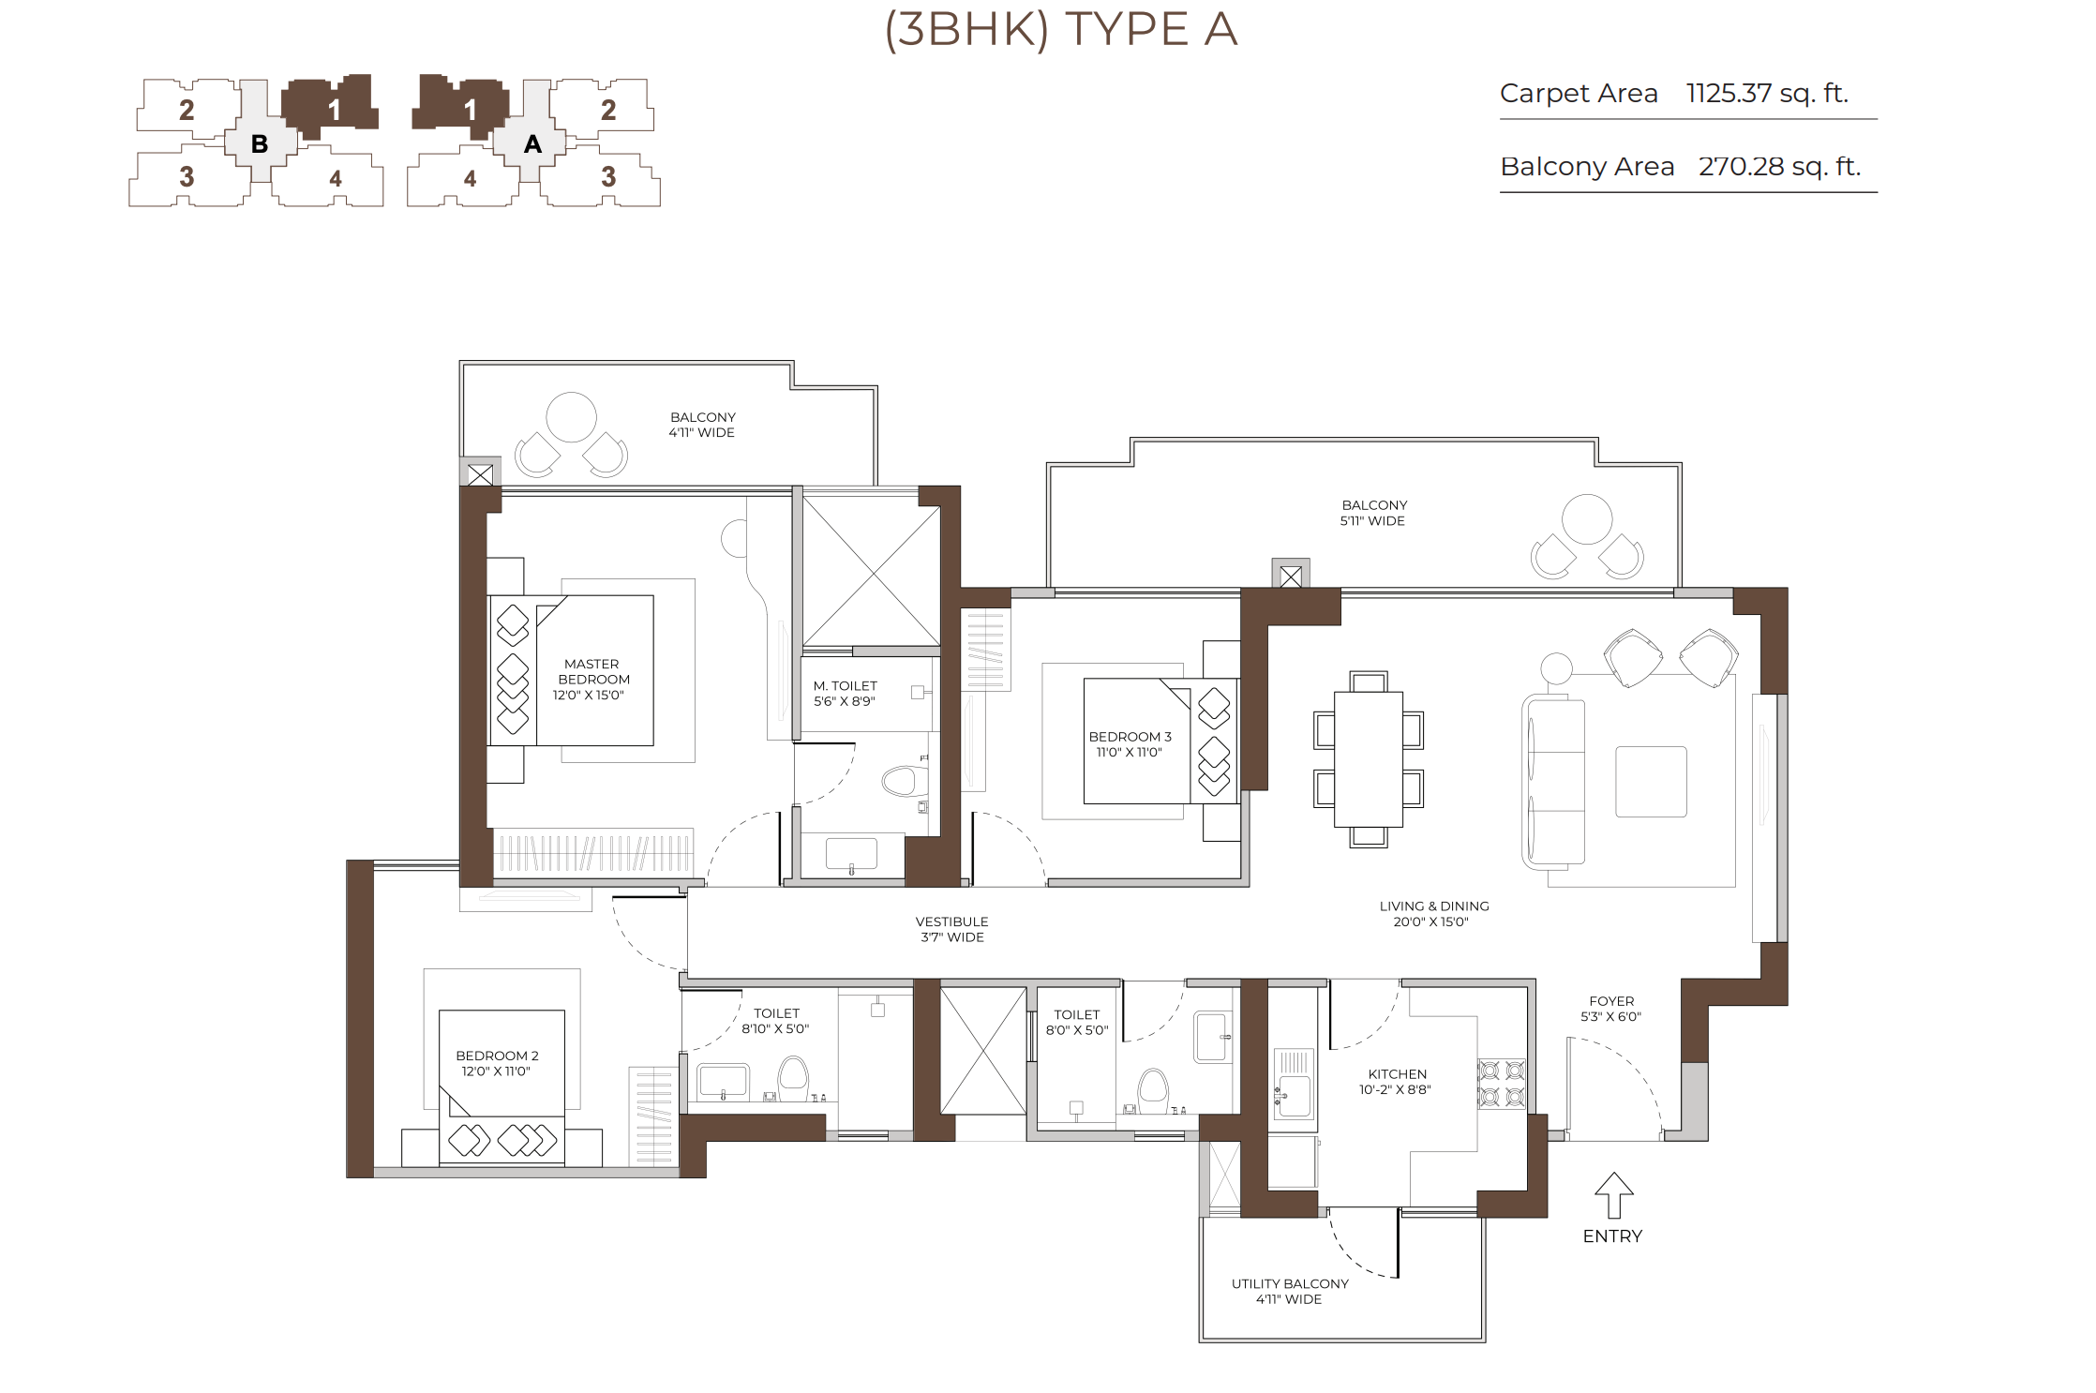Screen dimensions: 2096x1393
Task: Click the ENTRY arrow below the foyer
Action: [1613, 1194]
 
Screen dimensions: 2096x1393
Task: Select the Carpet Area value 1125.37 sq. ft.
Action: [1767, 93]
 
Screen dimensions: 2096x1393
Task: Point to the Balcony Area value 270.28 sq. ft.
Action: [1779, 166]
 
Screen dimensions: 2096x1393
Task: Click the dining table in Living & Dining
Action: [1369, 758]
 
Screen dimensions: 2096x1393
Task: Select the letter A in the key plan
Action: [532, 144]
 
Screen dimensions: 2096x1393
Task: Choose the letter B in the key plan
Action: [260, 144]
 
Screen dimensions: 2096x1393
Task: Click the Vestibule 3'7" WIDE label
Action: [951, 929]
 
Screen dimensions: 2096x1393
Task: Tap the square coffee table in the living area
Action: [1651, 782]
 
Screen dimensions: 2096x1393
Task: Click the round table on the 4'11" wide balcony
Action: [572, 417]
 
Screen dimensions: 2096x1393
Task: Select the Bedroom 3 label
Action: [1130, 744]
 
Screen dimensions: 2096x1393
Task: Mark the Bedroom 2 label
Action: [497, 1063]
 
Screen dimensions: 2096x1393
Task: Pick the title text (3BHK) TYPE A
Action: [1061, 29]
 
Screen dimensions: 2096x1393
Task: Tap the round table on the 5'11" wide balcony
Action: [1587, 519]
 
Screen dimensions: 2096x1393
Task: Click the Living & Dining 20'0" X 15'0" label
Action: [1433, 914]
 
